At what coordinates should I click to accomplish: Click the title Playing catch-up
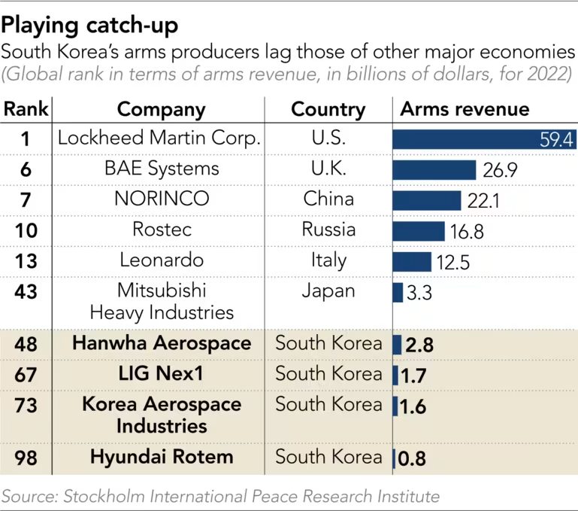pos(90,26)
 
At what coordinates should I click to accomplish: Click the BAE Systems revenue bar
pos(434,169)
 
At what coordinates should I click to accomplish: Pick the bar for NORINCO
pos(426,199)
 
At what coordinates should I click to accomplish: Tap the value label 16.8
pos(467,231)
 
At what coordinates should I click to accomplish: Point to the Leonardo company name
pos(162,260)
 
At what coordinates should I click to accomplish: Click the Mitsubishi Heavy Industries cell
pos(162,301)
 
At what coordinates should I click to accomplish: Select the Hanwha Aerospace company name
pos(162,344)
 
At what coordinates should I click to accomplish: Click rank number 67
pos(26,374)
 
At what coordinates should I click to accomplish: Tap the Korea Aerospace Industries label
pos(162,415)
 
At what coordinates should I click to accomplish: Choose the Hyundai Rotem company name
pos(162,457)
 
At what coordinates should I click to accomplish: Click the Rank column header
pos(26,109)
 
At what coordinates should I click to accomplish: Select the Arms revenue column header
pos(465,109)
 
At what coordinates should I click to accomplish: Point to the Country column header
pos(328,109)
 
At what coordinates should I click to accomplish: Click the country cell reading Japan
pos(328,290)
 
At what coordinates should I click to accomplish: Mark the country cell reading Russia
pos(328,230)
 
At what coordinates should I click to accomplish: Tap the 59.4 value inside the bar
pos(556,139)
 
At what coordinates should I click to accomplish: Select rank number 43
pos(26,291)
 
